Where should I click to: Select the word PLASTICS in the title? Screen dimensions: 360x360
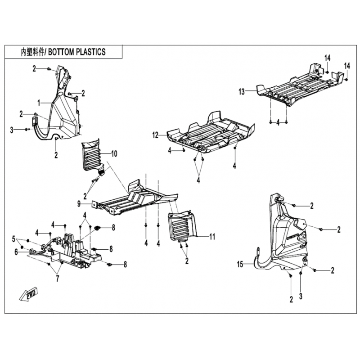pos(91,52)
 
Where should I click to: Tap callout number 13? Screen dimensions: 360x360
pos(242,92)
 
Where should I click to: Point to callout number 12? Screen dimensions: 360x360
pos(155,135)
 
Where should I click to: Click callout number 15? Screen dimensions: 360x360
pos(240,264)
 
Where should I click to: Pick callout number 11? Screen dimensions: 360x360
pos(212,237)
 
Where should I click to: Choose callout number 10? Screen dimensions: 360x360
pos(114,153)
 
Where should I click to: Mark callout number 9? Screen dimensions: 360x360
pos(79,204)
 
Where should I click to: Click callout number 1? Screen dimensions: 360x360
pos(39,103)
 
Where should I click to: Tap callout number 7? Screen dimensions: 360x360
pos(58,279)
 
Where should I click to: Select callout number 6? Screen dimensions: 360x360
pos(16,252)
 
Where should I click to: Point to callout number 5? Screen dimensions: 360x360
pos(14,239)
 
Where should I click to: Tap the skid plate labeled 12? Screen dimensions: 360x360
pos(210,133)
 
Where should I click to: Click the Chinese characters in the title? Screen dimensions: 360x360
pos(32,52)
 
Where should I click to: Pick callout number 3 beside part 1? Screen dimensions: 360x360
pos(12,130)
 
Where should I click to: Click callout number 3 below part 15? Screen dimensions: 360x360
pos(301,297)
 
